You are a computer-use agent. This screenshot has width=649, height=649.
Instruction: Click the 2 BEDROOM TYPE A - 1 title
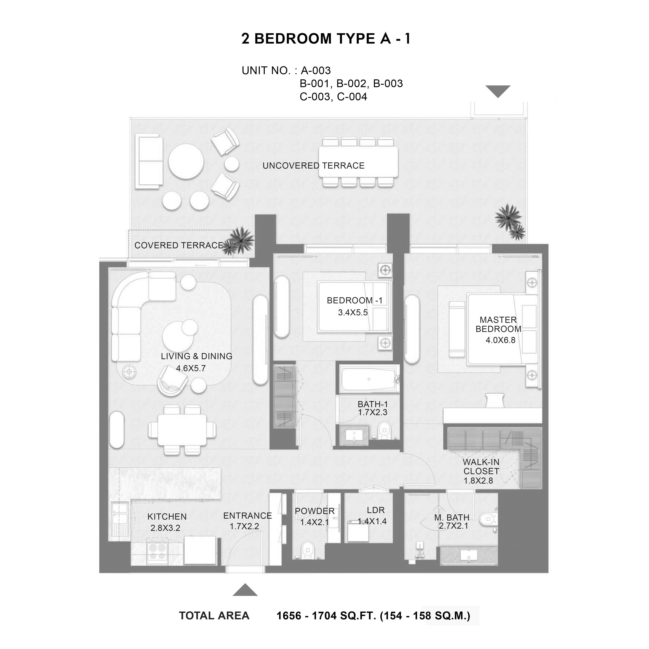point(326,39)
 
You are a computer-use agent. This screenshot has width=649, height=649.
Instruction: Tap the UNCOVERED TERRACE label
point(313,166)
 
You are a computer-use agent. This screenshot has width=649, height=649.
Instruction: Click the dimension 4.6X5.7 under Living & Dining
point(191,368)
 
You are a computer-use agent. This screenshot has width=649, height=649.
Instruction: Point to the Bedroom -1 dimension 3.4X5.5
point(353,312)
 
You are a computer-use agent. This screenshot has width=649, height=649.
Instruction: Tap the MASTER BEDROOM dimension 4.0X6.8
point(500,340)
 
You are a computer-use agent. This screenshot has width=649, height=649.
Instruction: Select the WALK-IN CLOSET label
point(481,467)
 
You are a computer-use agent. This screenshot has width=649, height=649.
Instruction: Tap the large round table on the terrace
point(186,162)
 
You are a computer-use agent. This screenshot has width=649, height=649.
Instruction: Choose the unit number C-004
point(352,97)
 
